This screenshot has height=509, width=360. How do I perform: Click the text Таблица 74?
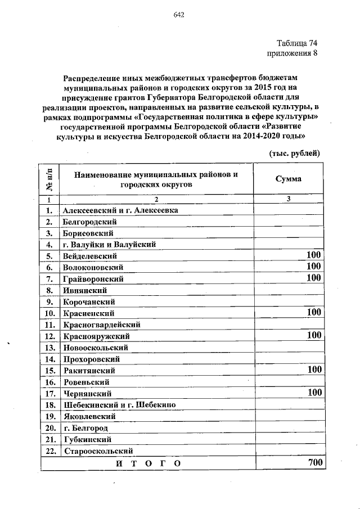click(x=298, y=43)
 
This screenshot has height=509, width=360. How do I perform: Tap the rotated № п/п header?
click(x=49, y=179)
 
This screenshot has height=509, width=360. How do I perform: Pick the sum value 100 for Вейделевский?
click(x=313, y=256)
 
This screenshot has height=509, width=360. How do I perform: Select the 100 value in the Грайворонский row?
click(x=313, y=278)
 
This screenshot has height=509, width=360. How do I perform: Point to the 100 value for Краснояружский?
click(x=313, y=335)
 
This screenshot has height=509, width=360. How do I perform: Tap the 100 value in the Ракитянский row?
click(x=313, y=370)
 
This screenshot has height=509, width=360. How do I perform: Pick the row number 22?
click(x=49, y=451)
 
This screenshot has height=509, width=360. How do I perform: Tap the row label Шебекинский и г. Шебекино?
click(x=120, y=405)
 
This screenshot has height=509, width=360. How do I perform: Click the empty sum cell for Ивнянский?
click(x=287, y=290)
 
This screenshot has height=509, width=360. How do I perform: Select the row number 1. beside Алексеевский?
click(x=49, y=210)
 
